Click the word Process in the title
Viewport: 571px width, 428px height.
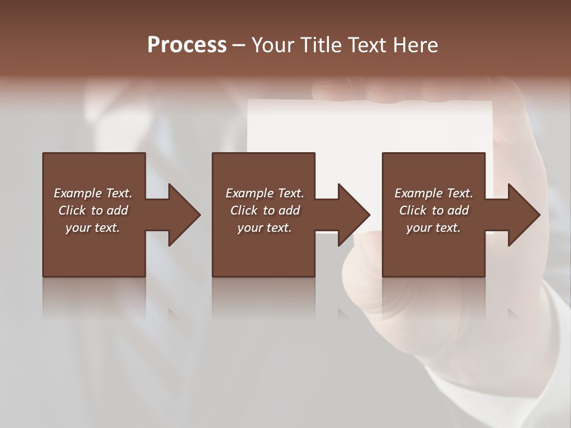[187, 45]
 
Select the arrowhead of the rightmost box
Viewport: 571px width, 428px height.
[523, 215]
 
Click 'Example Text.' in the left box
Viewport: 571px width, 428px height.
[93, 193]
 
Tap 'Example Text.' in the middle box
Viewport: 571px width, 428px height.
[265, 193]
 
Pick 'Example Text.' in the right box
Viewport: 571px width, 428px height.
[434, 193]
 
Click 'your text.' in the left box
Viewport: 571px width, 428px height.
[93, 228]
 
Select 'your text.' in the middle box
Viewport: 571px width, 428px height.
[265, 228]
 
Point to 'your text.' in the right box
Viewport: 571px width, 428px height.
[434, 228]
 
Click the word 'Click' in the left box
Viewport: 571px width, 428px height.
[72, 210]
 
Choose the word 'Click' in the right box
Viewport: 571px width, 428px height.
[413, 210]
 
